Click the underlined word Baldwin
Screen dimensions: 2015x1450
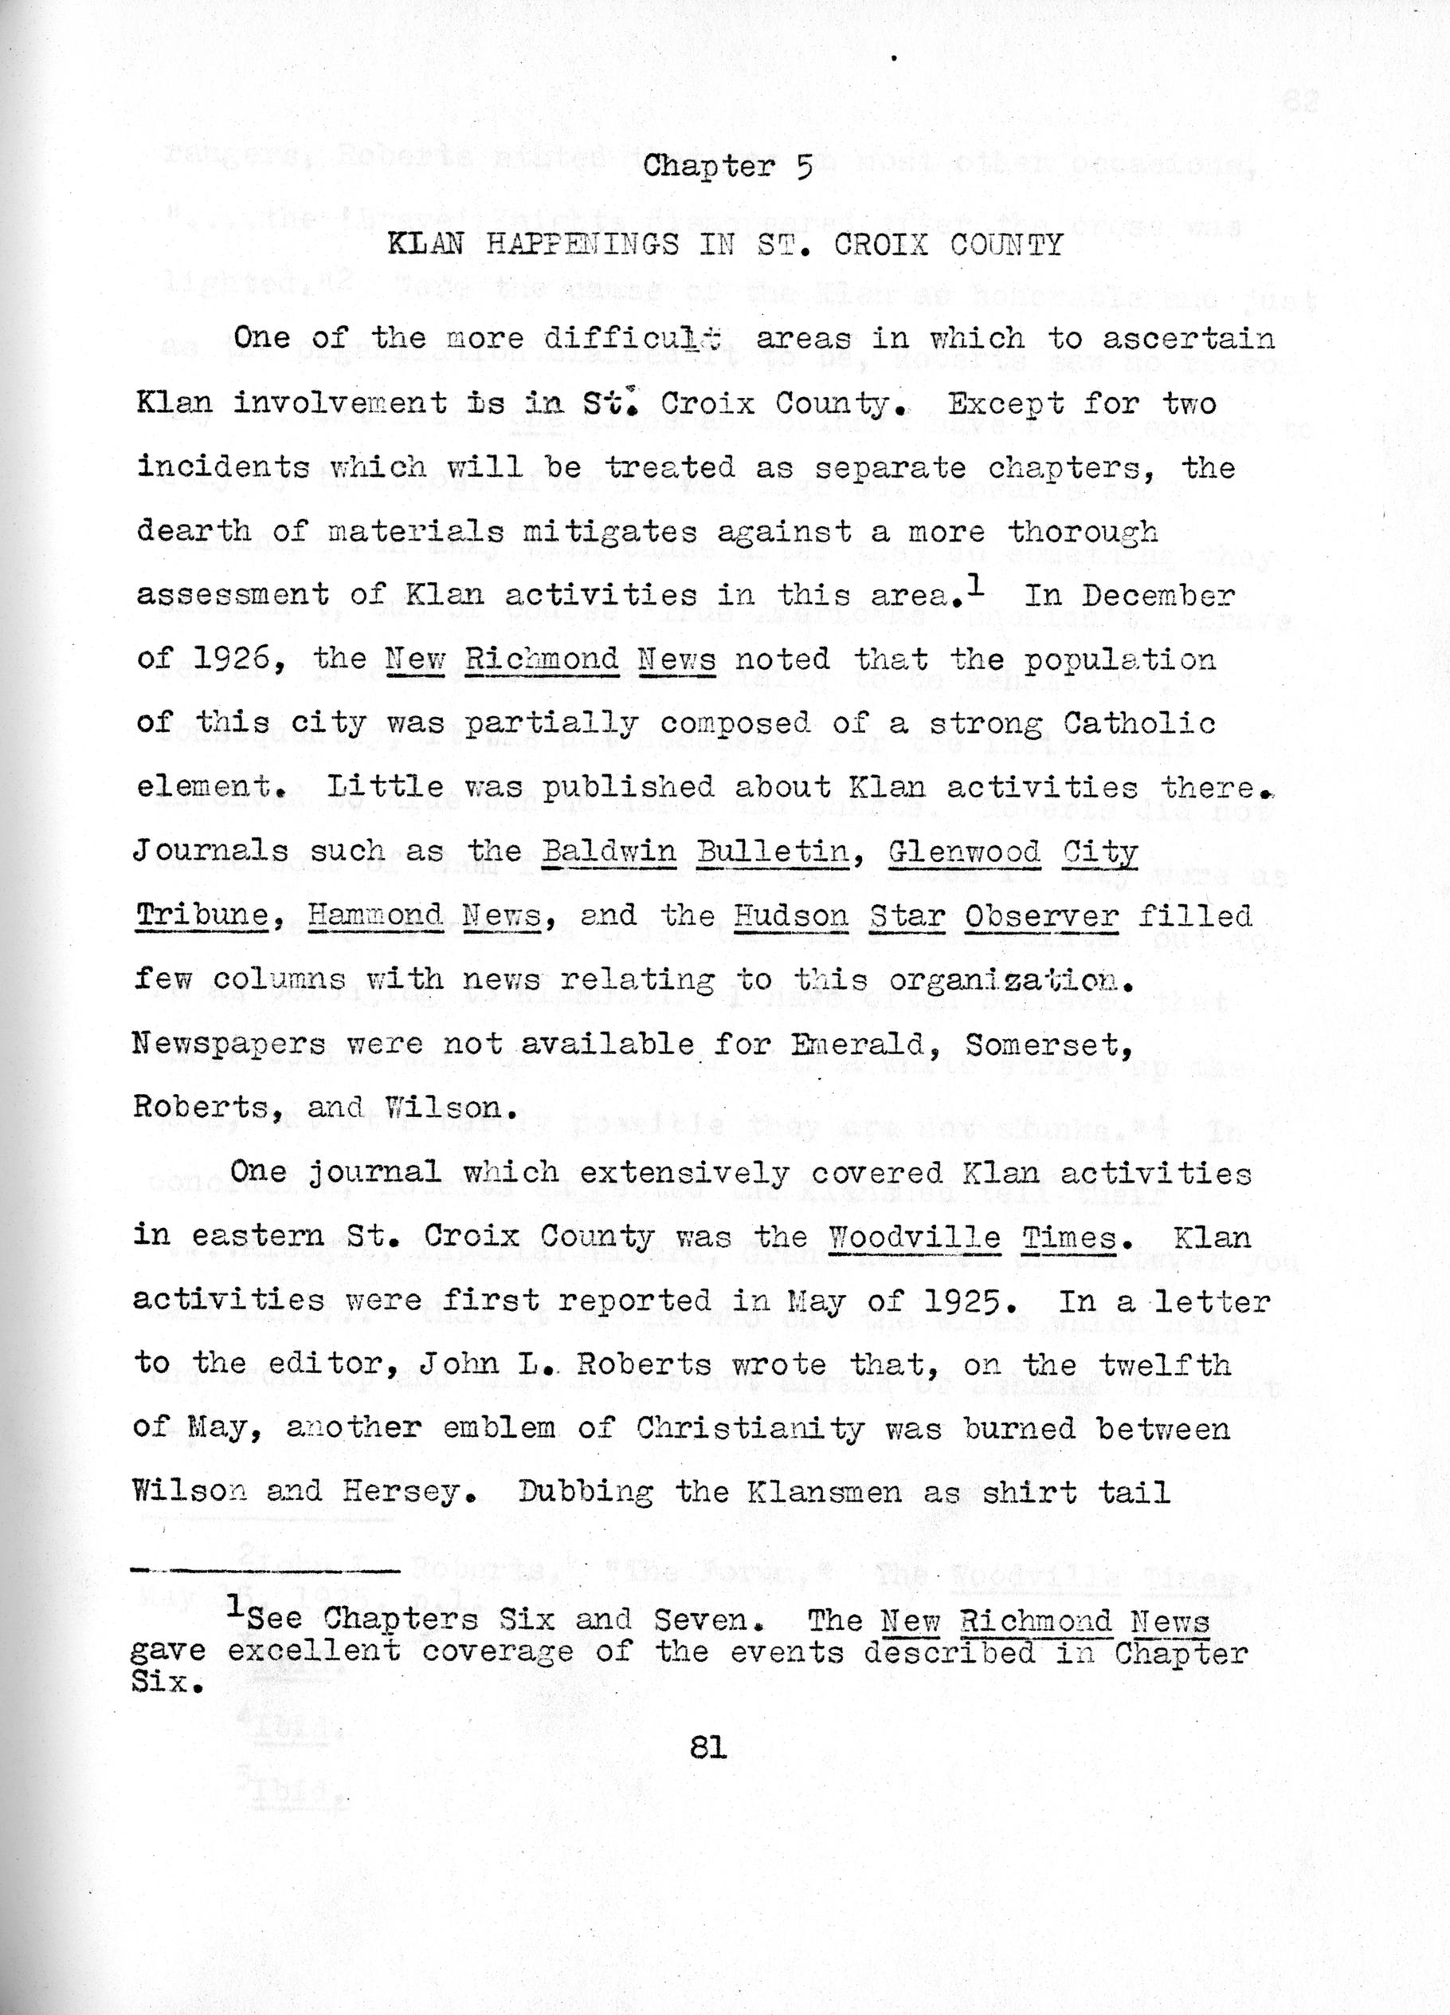click(609, 851)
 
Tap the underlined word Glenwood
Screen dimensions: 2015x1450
click(963, 851)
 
